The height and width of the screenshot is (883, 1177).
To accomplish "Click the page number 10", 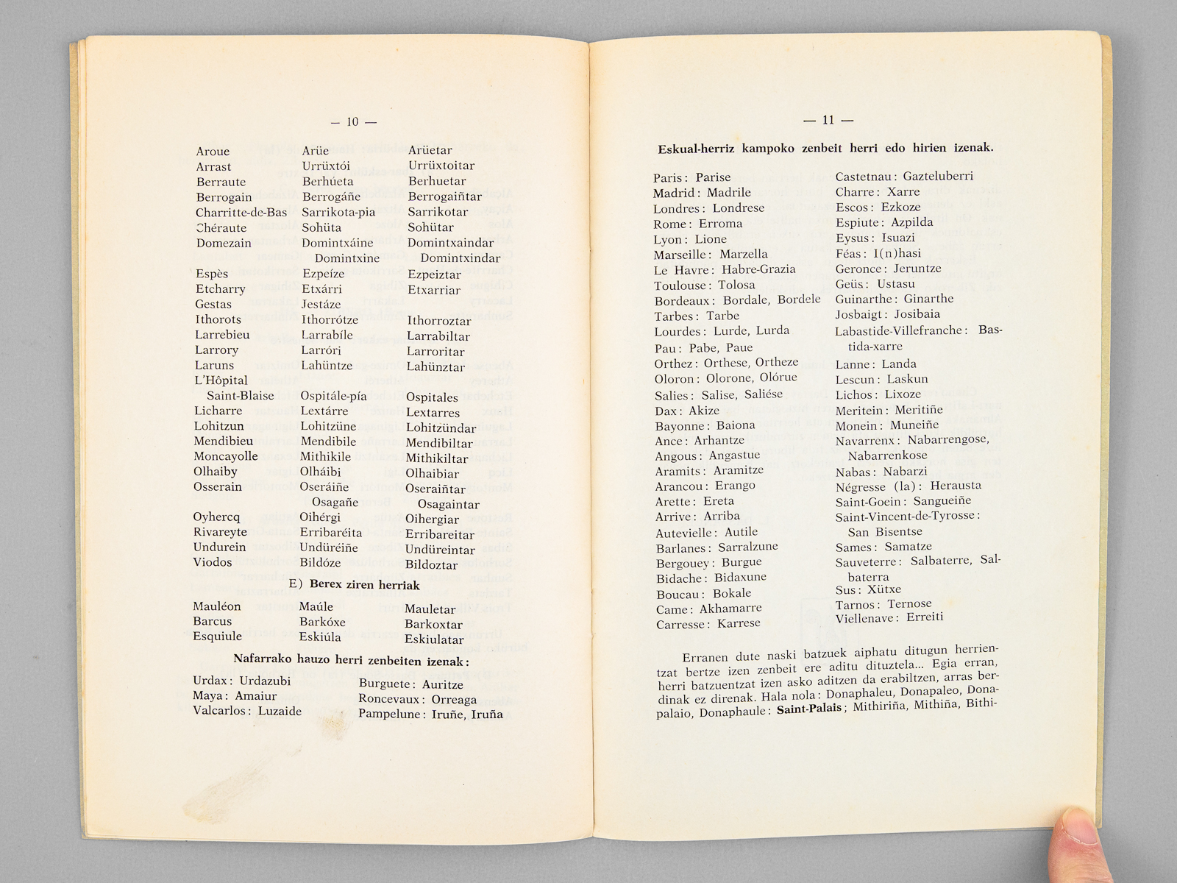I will point(352,122).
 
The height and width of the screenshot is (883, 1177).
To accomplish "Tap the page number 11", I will point(828,121).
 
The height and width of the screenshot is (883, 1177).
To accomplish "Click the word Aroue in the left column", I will point(213,152).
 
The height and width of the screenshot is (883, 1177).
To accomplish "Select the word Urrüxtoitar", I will point(441,166).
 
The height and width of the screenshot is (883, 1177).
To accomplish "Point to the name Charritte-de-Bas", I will point(241,213).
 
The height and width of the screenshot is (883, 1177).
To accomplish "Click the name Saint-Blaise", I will point(240,396).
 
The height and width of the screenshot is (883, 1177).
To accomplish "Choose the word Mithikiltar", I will point(437,458).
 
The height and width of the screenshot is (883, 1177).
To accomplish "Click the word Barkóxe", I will point(322,622).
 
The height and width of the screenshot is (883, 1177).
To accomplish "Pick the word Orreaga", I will point(454,700).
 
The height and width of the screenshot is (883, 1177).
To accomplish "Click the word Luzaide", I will point(280,711).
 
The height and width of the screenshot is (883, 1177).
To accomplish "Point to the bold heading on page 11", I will point(825,149).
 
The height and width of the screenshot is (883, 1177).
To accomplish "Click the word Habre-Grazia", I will point(758,269).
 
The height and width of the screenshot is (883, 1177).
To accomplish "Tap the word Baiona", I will point(735,425).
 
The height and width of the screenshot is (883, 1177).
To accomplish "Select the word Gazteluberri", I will point(937,177).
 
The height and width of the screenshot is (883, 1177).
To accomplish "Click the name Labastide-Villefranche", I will point(899,331).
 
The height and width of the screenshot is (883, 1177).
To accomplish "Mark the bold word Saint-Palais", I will point(808,709).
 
